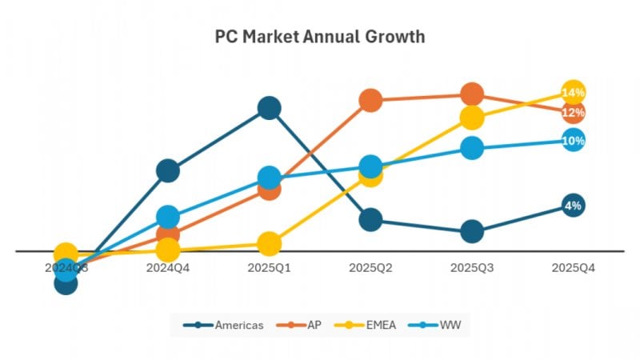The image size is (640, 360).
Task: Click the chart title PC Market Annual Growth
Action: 320,37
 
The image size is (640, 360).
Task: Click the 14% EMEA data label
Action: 573,93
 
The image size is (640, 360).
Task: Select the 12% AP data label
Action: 573,113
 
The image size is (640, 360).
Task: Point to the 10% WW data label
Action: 573,141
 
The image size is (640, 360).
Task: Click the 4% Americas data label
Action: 573,206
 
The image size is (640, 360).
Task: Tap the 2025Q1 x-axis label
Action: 270,268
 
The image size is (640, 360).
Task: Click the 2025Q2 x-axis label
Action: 370,268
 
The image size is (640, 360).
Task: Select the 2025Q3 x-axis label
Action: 472,268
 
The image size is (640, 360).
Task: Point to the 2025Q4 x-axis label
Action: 573,268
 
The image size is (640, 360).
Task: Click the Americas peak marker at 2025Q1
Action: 270,108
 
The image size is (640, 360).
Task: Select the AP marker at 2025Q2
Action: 370,100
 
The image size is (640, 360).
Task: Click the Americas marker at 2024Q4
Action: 168,170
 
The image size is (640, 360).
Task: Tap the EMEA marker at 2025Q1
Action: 270,244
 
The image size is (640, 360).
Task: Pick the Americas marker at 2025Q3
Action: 472,232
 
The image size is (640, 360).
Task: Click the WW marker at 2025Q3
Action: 472,148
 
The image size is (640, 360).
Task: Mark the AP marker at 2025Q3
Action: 472,94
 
